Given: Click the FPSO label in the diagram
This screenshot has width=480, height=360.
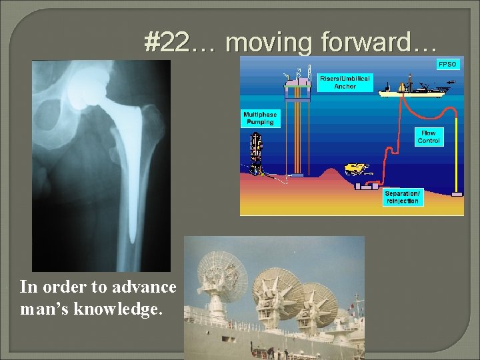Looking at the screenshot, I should tap(447, 65).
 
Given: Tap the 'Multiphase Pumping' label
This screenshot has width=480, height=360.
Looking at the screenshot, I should tap(260, 119).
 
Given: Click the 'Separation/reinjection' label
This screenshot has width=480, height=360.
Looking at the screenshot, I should tap(402, 197).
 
